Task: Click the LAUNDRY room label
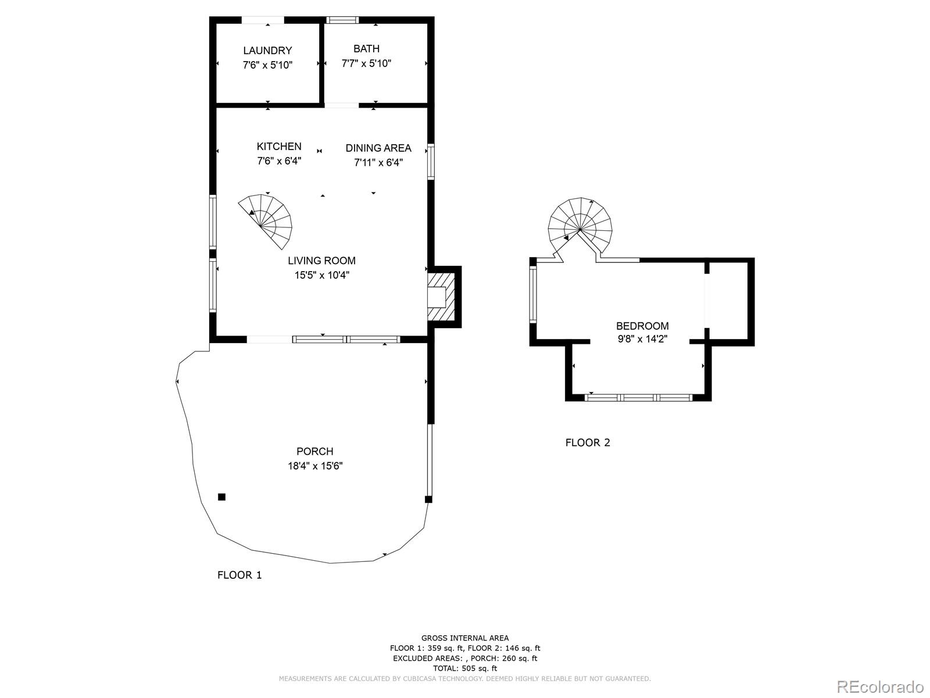[x=267, y=51]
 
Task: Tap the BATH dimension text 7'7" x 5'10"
[x=366, y=63]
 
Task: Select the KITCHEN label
[x=279, y=146]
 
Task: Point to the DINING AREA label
[x=378, y=148]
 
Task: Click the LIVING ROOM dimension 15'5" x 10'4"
[x=321, y=275]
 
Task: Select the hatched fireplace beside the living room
[x=441, y=297]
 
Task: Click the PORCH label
[x=314, y=451]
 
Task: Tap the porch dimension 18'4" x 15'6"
[x=314, y=466]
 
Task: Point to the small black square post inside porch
[x=221, y=497]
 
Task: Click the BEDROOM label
[x=642, y=326]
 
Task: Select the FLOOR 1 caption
[x=239, y=575]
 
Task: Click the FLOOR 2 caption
[x=588, y=443]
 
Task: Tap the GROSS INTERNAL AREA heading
[x=464, y=638]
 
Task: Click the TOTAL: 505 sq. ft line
[x=464, y=668]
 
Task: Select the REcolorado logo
[x=880, y=687]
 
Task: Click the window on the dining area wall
[x=431, y=161]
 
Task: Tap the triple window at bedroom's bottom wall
[x=638, y=398]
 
